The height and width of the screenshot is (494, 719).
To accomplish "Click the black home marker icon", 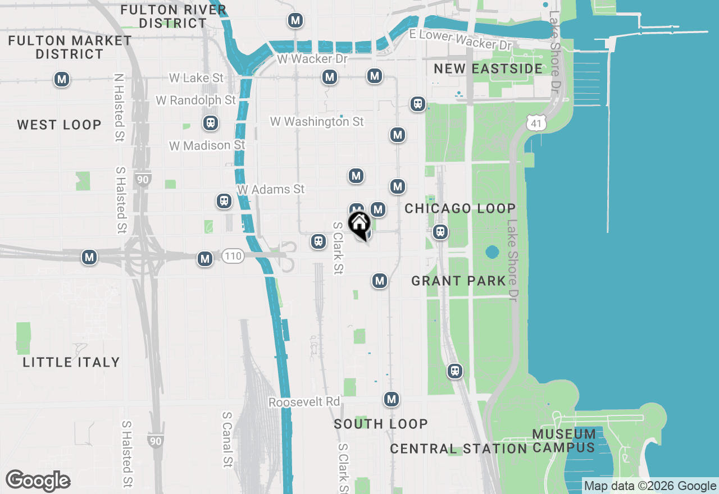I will [x=359, y=225].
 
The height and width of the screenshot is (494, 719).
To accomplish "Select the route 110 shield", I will [x=233, y=257].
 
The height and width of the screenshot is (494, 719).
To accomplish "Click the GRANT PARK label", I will [x=459, y=281].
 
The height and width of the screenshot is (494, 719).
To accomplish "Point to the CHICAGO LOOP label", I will [x=460, y=208].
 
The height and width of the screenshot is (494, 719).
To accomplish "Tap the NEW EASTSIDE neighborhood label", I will [x=488, y=68].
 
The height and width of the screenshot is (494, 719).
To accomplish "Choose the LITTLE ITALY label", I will [x=71, y=362].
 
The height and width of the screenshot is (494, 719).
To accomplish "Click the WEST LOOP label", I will [x=59, y=125].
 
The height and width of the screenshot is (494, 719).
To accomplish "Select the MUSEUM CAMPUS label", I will [x=563, y=441].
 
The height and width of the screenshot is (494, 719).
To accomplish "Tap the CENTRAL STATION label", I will [x=458, y=449].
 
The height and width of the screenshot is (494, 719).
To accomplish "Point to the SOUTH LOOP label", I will [x=381, y=424].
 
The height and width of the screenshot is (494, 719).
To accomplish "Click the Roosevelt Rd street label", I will [x=304, y=402].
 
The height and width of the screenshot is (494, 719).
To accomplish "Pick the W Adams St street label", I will [x=271, y=189].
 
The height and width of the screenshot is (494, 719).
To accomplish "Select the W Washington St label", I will [x=317, y=121].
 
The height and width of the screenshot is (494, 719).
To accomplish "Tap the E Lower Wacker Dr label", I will [x=461, y=39].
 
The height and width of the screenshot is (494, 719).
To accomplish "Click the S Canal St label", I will [x=227, y=440].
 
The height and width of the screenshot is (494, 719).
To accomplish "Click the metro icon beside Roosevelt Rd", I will [x=392, y=400].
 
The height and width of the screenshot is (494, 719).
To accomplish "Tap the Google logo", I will [x=38, y=481].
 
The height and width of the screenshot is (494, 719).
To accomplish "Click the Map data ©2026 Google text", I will [x=650, y=486].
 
